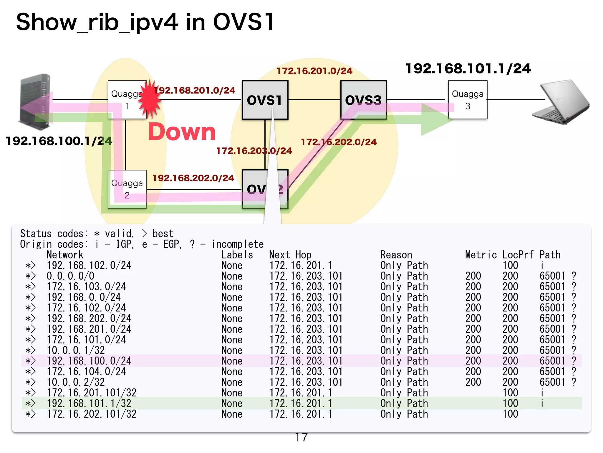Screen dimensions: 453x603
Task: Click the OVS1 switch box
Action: (265, 100)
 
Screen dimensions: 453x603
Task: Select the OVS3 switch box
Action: (363, 100)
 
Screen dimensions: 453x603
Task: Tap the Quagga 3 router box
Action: (468, 100)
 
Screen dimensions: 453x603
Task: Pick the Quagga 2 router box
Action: (127, 189)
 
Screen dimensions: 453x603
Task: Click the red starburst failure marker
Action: (150, 99)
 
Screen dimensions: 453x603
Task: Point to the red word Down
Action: (182, 132)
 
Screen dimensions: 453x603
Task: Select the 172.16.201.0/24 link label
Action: (314, 71)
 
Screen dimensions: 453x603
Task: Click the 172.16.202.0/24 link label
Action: (339, 142)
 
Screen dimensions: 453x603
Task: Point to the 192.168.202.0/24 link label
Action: (193, 178)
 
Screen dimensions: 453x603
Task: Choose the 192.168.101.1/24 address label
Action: (468, 68)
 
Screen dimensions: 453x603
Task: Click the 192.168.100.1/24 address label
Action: (59, 141)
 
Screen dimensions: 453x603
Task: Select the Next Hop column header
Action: (290, 255)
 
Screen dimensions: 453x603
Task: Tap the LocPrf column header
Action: (518, 255)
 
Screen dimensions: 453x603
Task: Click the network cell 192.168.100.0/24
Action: (89, 361)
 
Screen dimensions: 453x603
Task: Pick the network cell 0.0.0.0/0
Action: (70, 276)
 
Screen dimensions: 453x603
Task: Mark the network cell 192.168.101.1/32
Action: (89, 403)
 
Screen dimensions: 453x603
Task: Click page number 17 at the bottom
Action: (301, 437)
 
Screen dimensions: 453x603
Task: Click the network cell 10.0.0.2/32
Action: (76, 382)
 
